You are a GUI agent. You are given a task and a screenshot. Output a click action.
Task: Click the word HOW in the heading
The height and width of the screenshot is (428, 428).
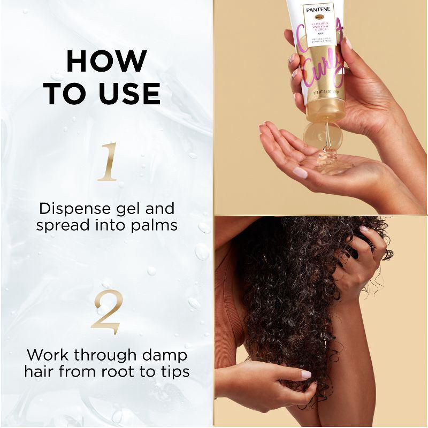pyautogui.click(x=106, y=62)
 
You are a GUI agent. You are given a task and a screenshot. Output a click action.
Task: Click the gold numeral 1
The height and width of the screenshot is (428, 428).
pyautogui.click(x=107, y=161)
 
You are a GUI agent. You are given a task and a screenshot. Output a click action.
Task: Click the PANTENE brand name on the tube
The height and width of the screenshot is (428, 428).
pyautogui.click(x=319, y=9)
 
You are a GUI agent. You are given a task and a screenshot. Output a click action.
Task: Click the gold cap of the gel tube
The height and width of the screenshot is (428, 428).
pyautogui.click(x=325, y=109)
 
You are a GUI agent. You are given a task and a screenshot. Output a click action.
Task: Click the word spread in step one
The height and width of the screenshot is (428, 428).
pyautogui.click(x=60, y=226)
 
